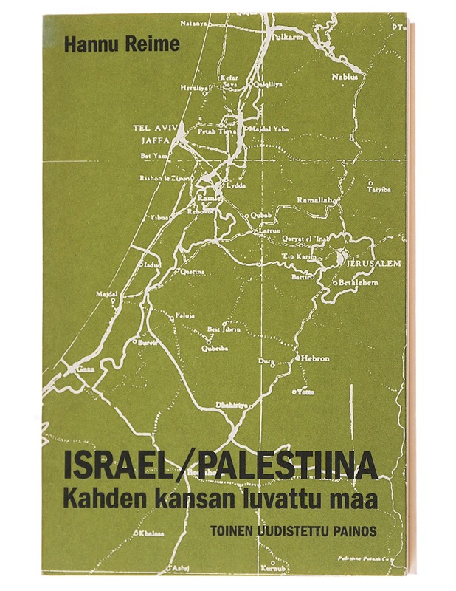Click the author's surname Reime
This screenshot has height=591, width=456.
click(x=153, y=44)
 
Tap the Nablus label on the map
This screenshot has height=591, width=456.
click(x=345, y=76)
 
